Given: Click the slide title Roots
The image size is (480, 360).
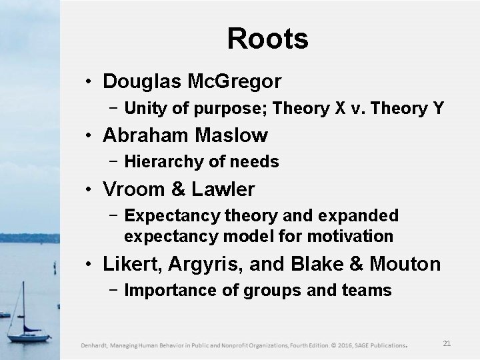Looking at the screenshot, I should click(x=267, y=39).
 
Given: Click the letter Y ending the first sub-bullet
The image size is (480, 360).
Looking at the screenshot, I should click(x=438, y=107).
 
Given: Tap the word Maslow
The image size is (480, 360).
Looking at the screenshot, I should click(x=232, y=136).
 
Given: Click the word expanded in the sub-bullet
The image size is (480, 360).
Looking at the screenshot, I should click(x=361, y=215).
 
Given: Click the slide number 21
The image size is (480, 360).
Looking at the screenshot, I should click(x=447, y=343).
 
